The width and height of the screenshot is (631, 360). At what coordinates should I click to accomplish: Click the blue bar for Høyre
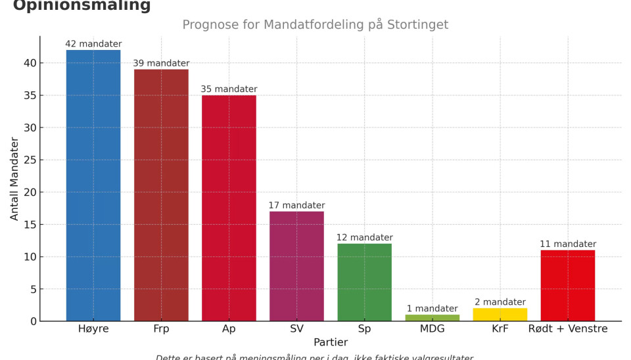point(93,185)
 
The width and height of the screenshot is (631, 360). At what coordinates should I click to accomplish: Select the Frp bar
point(161,195)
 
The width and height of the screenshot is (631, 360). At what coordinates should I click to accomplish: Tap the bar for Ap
point(229,208)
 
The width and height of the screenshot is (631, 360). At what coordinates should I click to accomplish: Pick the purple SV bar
point(296,266)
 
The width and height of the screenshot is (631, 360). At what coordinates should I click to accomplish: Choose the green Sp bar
point(365,282)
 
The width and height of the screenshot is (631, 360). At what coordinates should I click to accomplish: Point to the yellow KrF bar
point(500,315)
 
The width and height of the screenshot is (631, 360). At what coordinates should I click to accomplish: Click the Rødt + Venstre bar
point(568,286)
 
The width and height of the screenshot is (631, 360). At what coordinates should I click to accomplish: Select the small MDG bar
point(432,318)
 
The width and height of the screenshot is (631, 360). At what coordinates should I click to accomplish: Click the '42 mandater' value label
point(93,44)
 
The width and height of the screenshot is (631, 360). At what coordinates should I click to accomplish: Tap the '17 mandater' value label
point(296,206)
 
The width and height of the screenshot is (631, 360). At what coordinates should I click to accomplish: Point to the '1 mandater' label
point(432,309)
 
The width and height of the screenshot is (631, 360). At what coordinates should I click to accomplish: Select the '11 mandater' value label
point(568,244)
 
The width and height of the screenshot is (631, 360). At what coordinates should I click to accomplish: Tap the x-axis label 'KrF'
point(500,328)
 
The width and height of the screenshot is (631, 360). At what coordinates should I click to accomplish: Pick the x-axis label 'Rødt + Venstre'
point(568,328)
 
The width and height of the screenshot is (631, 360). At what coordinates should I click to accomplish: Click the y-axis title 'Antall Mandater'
point(14,179)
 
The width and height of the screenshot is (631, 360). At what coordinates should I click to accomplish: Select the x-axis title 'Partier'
point(331,342)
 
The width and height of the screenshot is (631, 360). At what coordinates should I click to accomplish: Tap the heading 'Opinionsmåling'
point(82,6)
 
